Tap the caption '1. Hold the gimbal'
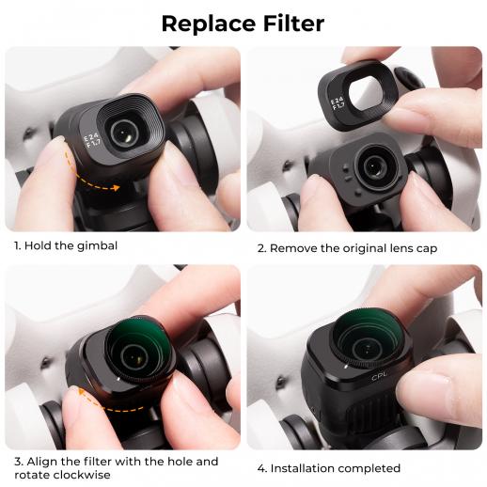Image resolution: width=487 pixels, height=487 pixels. coord(65,246)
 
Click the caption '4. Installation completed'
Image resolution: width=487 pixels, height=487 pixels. coord(328,467)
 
